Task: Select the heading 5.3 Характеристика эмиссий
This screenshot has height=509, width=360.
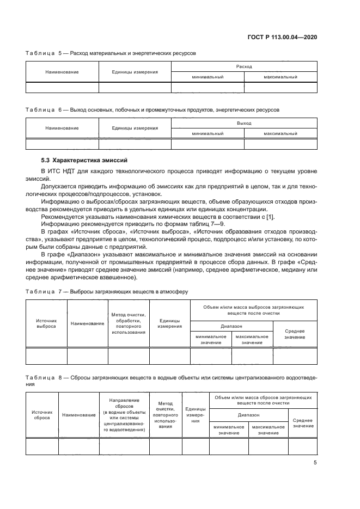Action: pos(84,161)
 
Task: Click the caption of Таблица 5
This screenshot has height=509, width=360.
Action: pos(111,53)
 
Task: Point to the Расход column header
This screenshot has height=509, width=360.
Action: pos(244,66)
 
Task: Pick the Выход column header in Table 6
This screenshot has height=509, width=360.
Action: pos(244,123)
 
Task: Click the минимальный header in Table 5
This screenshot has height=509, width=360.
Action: pos(208,77)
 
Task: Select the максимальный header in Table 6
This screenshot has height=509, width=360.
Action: pos(280,133)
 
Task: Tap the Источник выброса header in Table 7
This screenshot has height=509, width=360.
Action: pos(46,323)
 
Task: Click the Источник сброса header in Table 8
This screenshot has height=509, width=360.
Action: pos(42,415)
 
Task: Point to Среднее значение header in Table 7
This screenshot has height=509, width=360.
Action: pos(294,334)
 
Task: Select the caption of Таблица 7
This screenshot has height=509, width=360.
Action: pos(107,291)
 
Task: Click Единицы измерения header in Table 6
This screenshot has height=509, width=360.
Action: pos(135,128)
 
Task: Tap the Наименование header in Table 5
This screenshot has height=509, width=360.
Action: pos(62,71)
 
